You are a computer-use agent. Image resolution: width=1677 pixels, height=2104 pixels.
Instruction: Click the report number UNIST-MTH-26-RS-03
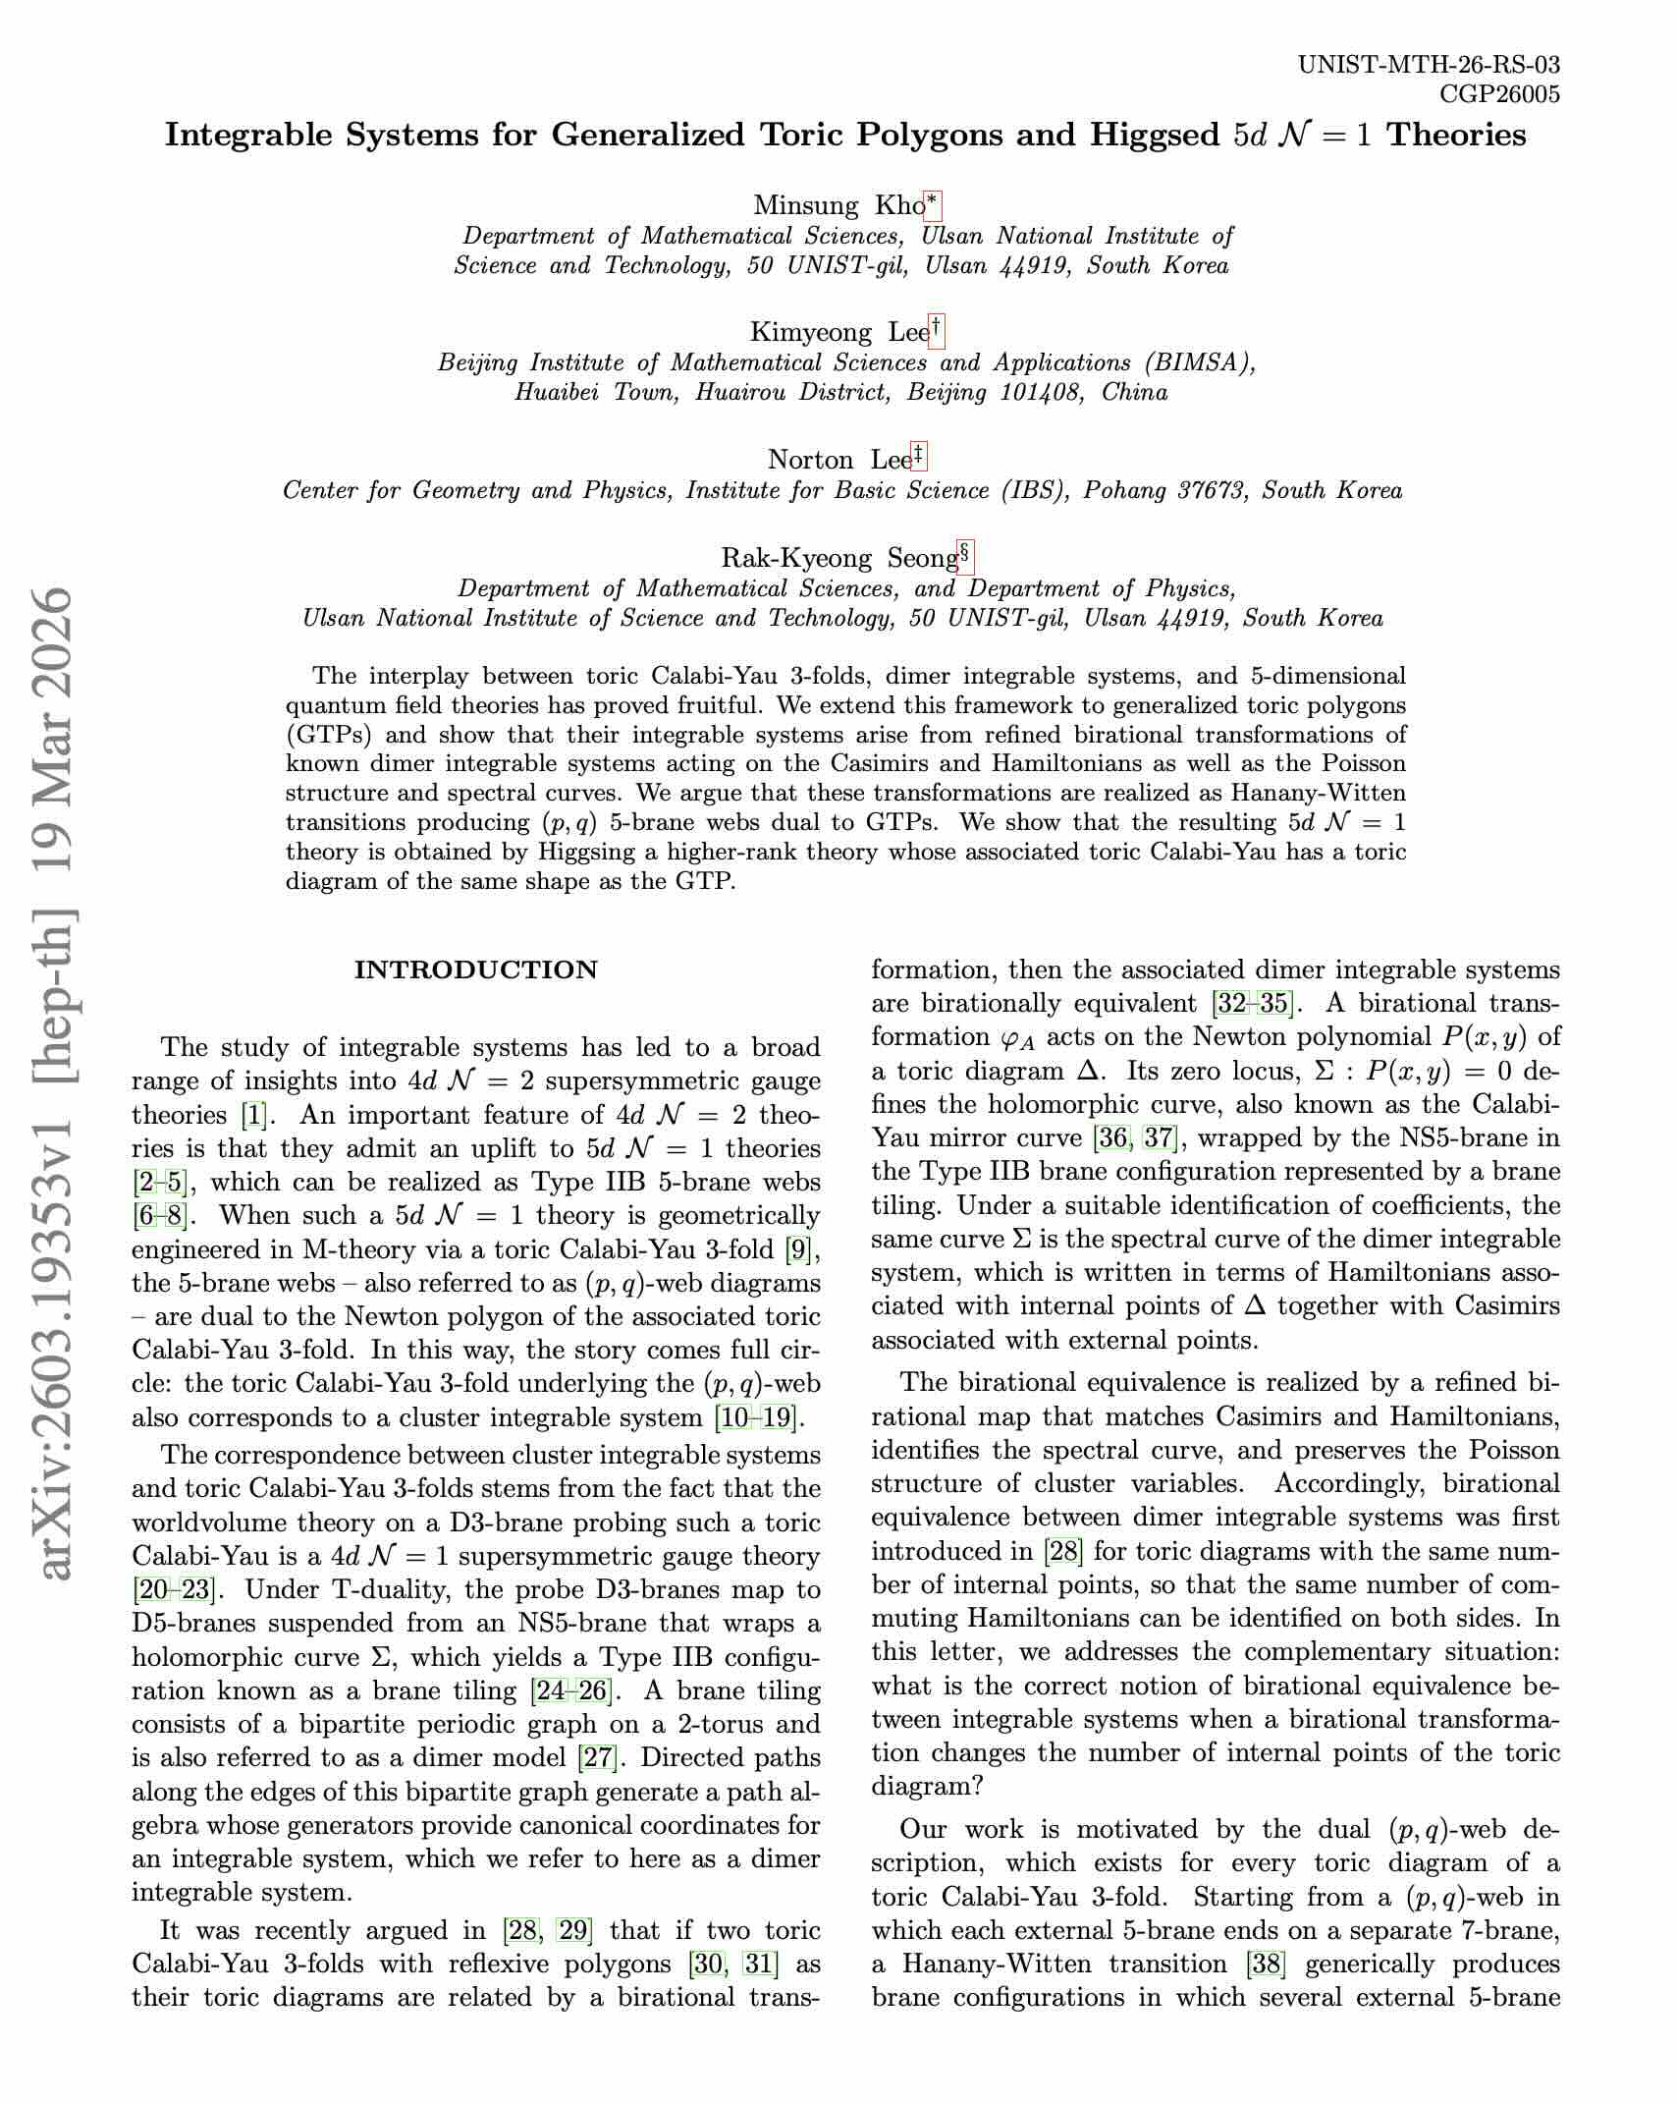[x=1429, y=66]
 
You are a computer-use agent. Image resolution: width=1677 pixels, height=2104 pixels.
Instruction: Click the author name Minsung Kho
[x=838, y=205]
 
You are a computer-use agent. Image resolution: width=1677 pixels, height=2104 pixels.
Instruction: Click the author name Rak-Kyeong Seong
[x=838, y=558]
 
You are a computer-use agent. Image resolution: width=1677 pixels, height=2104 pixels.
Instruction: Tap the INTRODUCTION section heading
[x=475, y=970]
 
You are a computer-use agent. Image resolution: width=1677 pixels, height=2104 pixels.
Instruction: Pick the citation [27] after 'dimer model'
[x=597, y=1756]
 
